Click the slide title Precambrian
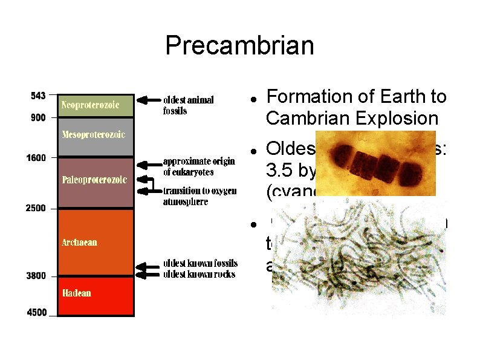pos(240,46)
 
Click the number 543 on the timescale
pos(38,96)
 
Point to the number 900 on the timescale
pos(38,118)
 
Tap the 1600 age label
pos(36,158)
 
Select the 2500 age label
pos(36,208)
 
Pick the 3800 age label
pos(36,276)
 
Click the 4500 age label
pos(36,312)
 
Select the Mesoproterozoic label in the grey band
pos(93,134)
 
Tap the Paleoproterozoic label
pos(94,179)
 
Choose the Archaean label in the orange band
pos(79,243)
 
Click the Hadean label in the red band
pos(76,293)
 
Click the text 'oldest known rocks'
pos(199,275)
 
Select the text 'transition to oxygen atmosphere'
pos(199,197)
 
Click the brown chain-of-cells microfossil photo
pos(376,162)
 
